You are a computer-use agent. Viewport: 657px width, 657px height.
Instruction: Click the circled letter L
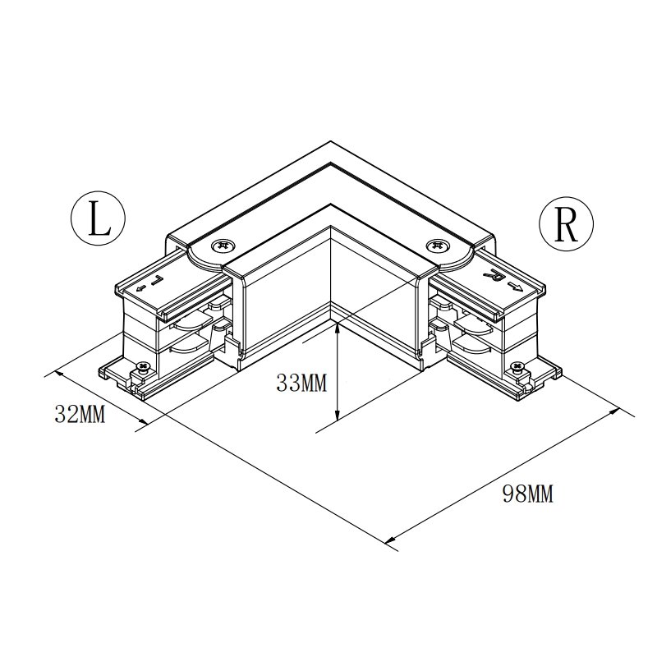tap(98, 218)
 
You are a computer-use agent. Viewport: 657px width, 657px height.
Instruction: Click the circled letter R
tap(566, 224)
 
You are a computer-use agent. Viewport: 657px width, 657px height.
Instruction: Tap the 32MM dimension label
tap(80, 414)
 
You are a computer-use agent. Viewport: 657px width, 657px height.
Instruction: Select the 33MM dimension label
tap(301, 383)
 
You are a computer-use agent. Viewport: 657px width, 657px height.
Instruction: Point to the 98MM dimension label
tap(528, 494)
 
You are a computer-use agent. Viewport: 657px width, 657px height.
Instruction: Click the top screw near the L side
tap(223, 247)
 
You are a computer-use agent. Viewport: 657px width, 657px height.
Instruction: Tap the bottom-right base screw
tap(518, 367)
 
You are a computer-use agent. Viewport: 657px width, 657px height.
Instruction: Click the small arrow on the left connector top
tap(141, 288)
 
